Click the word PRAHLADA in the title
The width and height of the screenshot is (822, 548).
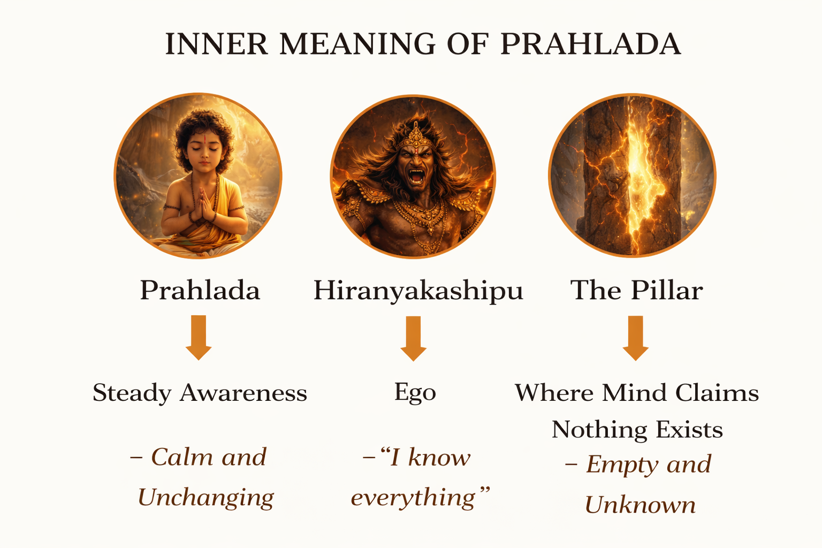(x=590, y=44)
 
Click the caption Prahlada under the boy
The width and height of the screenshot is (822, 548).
(x=200, y=291)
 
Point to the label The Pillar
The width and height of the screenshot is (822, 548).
(x=636, y=291)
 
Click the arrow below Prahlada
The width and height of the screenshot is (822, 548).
(x=199, y=337)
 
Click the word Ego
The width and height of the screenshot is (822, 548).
(x=415, y=393)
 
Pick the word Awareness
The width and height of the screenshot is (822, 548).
(x=243, y=393)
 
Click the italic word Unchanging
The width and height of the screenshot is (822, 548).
(x=205, y=498)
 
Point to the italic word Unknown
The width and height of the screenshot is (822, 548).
(x=640, y=505)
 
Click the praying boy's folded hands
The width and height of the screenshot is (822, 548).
(x=203, y=204)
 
